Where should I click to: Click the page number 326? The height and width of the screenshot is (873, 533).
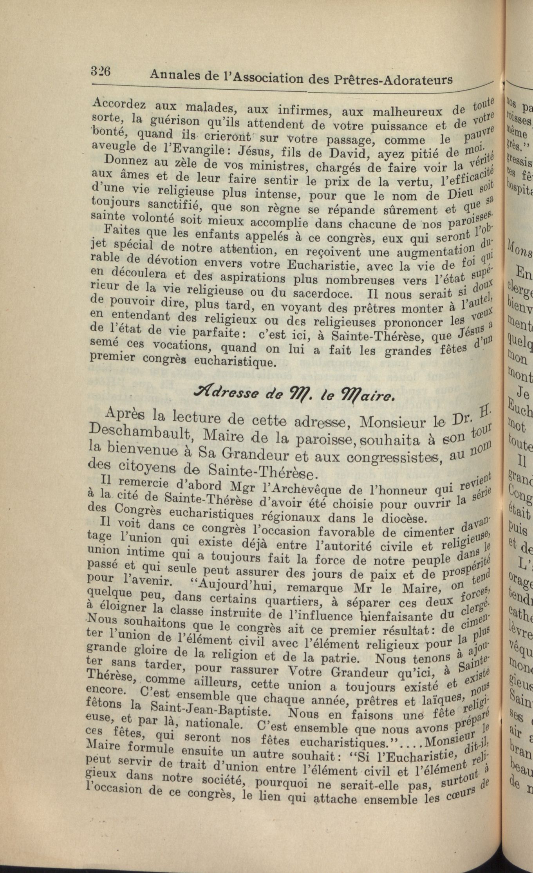click(101, 71)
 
